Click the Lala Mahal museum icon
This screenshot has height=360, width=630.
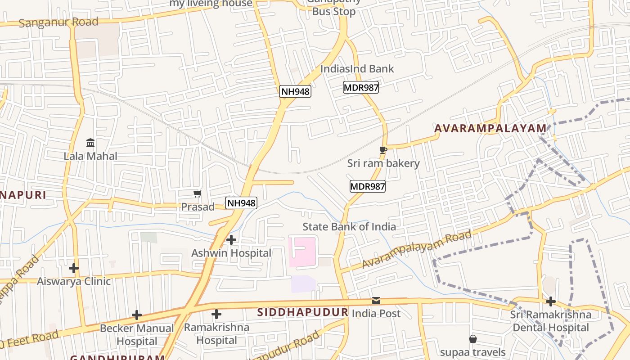coord(90,143)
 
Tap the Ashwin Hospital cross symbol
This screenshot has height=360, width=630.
coord(231,240)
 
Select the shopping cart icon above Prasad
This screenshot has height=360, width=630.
coord(197,194)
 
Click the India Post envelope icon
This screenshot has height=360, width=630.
coord(376,300)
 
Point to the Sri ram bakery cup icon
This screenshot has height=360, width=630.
coord(383,150)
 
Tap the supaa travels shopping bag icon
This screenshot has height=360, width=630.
coord(473,338)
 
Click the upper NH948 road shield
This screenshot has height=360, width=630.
coord(295,91)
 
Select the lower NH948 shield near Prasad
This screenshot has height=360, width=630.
coord(241,203)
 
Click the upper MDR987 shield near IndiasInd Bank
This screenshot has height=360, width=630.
coord(361,87)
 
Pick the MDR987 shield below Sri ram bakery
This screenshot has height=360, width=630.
coord(368,186)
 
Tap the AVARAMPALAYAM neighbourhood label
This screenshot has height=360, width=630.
coord(490,129)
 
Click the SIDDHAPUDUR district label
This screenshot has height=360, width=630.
coord(303,312)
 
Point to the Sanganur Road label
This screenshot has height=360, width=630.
coord(58,22)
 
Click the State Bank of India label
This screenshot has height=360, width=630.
coord(349,226)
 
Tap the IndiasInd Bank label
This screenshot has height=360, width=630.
coord(357,69)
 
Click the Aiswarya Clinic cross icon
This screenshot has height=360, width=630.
coord(74,268)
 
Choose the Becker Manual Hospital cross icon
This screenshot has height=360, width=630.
coord(137,315)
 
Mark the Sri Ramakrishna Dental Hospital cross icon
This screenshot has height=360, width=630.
coord(551,301)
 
